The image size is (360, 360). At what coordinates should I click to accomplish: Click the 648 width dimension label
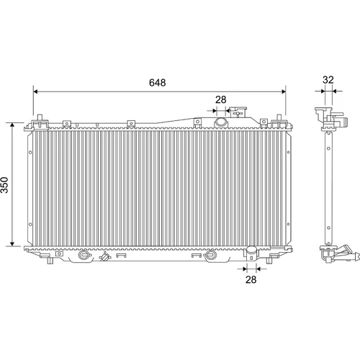(x=157, y=83)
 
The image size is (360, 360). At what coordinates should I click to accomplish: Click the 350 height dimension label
(x=4, y=185)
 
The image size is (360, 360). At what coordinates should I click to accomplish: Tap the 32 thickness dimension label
(x=328, y=80)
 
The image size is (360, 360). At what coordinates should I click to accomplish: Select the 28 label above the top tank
(x=221, y=99)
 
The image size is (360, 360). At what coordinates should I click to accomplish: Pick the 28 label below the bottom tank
(x=251, y=279)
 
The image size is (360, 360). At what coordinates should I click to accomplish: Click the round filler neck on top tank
(x=220, y=122)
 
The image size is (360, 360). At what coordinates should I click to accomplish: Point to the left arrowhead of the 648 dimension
(x=35, y=91)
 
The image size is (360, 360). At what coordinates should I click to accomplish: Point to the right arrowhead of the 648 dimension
(x=284, y=91)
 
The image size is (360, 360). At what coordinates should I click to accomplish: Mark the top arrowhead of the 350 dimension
(x=12, y=125)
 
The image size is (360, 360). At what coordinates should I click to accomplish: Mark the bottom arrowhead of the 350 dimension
(x=12, y=243)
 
